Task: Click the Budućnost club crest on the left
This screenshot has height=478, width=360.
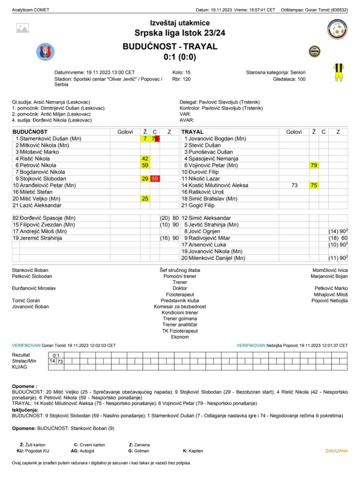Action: coord(45,52)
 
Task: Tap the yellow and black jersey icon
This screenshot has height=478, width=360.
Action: coord(338,72)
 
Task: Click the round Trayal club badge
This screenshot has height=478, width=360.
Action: coord(314,52)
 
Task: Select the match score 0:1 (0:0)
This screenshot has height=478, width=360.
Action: coord(180,57)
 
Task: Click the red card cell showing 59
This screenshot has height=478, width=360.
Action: coord(155,179)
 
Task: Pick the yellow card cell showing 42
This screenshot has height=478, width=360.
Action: coord(145,159)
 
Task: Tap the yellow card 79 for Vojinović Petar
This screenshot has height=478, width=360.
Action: coord(314,165)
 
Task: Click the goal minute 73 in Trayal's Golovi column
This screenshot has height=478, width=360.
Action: coord(294,186)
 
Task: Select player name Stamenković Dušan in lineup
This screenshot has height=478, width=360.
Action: coord(50,139)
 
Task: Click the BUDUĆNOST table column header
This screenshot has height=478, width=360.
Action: coord(30,132)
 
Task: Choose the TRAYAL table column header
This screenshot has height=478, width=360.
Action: coord(192,132)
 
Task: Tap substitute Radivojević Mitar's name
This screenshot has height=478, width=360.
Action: coord(209,238)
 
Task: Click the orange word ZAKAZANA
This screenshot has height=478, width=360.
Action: coord(336,451)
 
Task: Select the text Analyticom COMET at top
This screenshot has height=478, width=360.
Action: coord(31,10)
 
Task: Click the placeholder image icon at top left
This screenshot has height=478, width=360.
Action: coord(22,28)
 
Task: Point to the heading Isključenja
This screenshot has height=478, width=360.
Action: coord(25,410)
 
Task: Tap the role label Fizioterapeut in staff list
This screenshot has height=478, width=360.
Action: coord(180,295)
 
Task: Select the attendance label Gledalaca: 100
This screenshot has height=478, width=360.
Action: coord(289,79)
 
